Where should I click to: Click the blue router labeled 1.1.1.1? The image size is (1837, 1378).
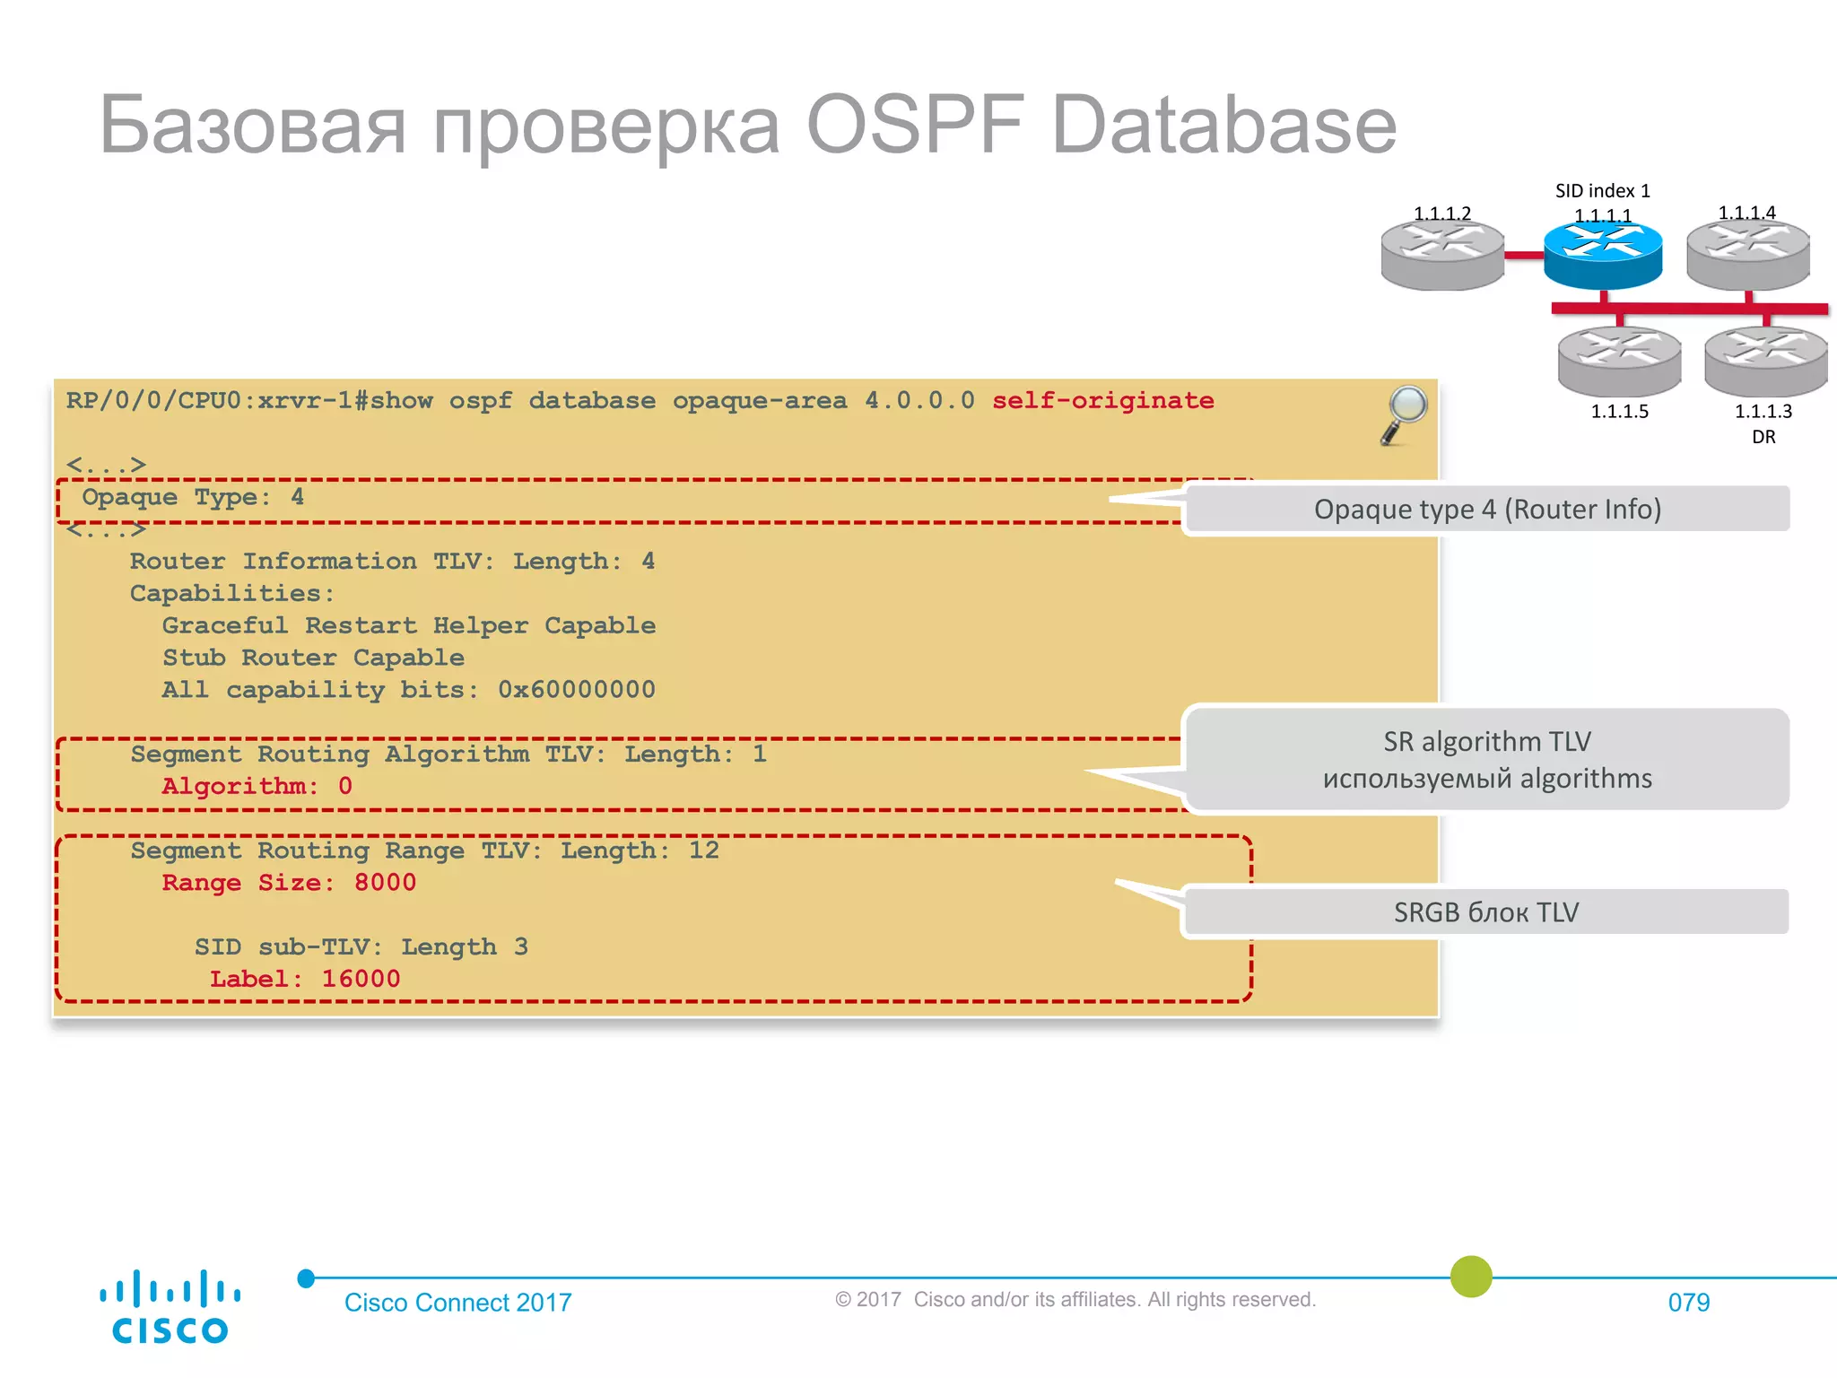coord(1603,254)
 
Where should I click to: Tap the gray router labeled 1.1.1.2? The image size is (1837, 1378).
coord(1442,256)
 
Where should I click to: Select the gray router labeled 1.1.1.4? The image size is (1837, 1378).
coord(1748,255)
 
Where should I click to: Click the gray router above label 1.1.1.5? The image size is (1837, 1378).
coord(1619,361)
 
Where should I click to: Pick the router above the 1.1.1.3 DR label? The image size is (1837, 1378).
coord(1765,361)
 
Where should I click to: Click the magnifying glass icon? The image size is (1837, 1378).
coord(1404,414)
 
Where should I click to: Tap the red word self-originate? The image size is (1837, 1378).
coord(1102,400)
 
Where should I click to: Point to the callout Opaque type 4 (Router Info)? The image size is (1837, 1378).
coord(1487,509)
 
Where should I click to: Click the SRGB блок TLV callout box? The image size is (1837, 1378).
coord(1485,911)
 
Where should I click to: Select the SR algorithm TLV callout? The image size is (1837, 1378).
coord(1487,759)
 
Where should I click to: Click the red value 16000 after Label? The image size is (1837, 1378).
coord(361,979)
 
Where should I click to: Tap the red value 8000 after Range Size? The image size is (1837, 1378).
coord(385,883)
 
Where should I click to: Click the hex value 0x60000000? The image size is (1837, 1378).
coord(577,690)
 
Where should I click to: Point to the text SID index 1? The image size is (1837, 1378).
coord(1602,191)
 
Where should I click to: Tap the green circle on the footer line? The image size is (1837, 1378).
coord(1471,1276)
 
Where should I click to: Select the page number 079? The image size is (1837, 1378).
coord(1688,1302)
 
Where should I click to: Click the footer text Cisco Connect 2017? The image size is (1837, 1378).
coord(457,1302)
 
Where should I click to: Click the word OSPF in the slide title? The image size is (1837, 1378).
coord(915,126)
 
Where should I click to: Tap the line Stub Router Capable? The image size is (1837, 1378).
coord(313,658)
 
